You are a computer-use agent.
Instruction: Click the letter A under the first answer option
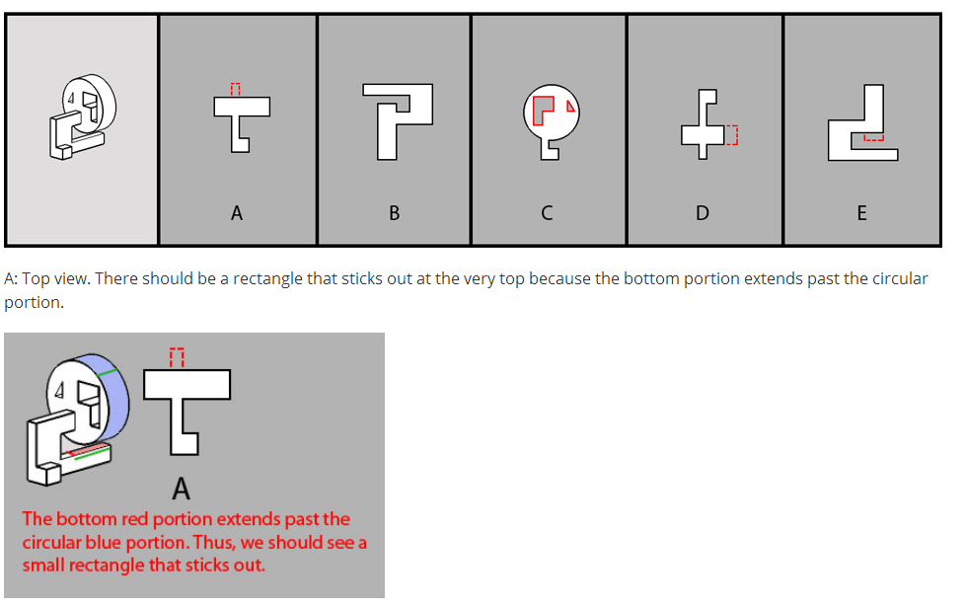[237, 213]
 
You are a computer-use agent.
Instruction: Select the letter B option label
[394, 213]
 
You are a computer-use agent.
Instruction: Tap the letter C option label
[547, 213]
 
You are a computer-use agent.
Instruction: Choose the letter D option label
[703, 213]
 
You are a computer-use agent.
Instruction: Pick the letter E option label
[862, 213]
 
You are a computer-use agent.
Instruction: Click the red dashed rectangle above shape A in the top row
[236, 90]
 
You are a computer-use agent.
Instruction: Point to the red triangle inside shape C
[570, 107]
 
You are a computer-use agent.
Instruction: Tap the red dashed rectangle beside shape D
[731, 134]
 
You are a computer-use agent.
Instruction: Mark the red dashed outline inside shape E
[873, 138]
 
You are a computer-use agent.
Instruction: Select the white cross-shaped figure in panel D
[703, 124]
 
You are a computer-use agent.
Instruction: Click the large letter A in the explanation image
[181, 489]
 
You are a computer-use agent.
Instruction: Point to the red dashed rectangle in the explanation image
[177, 358]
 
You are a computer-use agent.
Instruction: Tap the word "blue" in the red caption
[104, 542]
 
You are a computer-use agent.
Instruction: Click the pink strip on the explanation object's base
[87, 451]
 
